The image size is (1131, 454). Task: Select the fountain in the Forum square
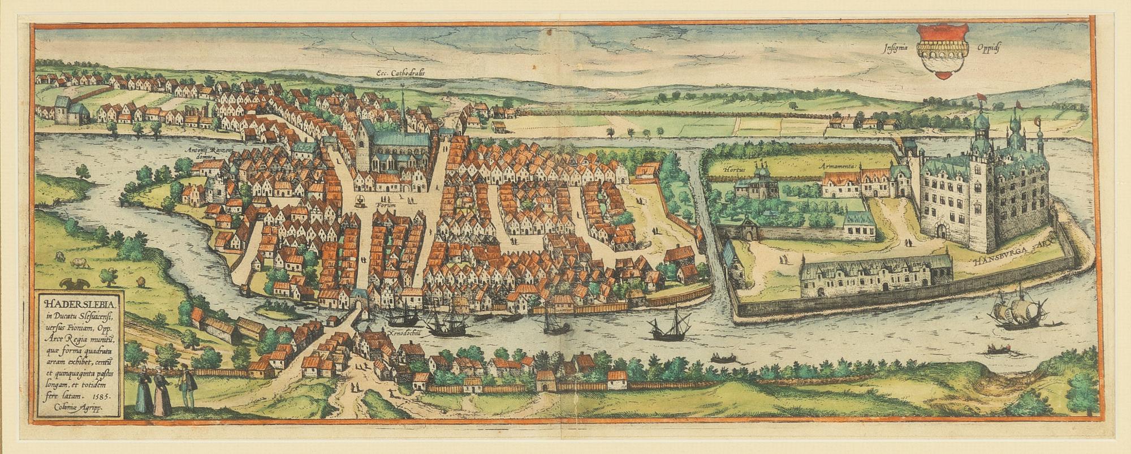tap(360, 200)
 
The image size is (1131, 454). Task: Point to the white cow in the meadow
tap(79, 262)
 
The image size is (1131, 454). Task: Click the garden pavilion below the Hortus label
tap(757, 184)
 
